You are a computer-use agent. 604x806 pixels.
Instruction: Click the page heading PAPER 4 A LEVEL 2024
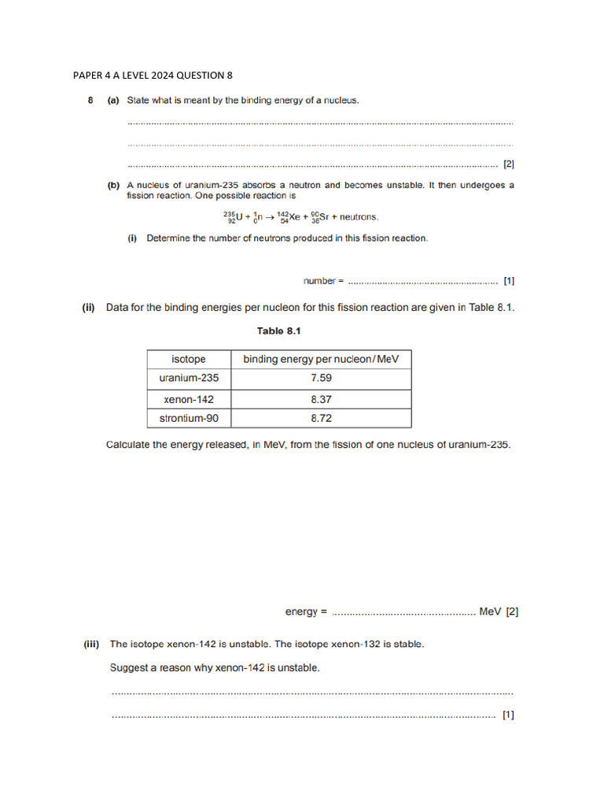click(153, 76)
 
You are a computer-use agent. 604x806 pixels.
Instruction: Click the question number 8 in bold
click(90, 101)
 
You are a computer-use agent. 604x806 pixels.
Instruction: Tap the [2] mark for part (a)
click(509, 165)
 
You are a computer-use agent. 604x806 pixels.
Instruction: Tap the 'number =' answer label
click(323, 280)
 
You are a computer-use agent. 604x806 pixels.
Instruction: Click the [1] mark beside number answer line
click(509, 280)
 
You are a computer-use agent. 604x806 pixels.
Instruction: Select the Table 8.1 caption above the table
click(278, 331)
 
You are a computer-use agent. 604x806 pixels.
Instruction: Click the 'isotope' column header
click(189, 360)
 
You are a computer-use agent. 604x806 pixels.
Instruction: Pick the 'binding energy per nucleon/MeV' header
click(321, 360)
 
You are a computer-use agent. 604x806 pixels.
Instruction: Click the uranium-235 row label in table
click(189, 378)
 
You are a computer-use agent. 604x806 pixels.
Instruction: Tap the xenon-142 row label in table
click(189, 399)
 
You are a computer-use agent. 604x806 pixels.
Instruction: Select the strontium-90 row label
click(189, 419)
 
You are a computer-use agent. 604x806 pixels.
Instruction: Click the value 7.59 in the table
click(321, 378)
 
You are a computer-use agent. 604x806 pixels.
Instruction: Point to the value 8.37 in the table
click(321, 399)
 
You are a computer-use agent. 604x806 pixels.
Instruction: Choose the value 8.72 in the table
click(321, 419)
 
